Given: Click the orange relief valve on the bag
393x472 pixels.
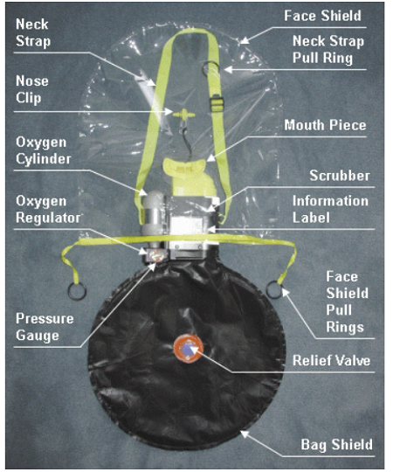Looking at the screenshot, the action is click(x=189, y=348).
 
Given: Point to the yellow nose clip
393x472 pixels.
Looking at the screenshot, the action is click(x=183, y=115).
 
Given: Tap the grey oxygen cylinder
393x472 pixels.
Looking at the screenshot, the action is click(x=154, y=216).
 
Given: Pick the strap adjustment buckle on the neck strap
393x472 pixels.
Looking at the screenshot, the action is click(x=217, y=102).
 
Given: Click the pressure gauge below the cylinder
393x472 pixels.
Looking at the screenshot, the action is click(x=155, y=256).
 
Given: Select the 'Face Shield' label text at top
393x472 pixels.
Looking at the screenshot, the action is click(x=322, y=16).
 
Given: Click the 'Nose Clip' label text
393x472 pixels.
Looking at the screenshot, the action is click(x=31, y=89).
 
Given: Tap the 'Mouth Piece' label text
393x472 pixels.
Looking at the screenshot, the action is click(x=325, y=125).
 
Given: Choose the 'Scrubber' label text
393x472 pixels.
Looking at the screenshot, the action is click(x=340, y=176).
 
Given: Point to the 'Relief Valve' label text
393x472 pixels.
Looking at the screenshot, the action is click(x=331, y=360).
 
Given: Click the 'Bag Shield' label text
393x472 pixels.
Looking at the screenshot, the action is click(x=337, y=445).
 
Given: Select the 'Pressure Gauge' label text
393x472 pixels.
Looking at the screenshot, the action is click(x=45, y=327).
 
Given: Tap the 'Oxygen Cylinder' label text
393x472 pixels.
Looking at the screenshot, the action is click(x=44, y=150).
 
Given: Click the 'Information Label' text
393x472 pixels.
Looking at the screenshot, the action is click(x=330, y=209).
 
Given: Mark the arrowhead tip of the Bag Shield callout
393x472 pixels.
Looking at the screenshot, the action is click(x=241, y=432).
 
